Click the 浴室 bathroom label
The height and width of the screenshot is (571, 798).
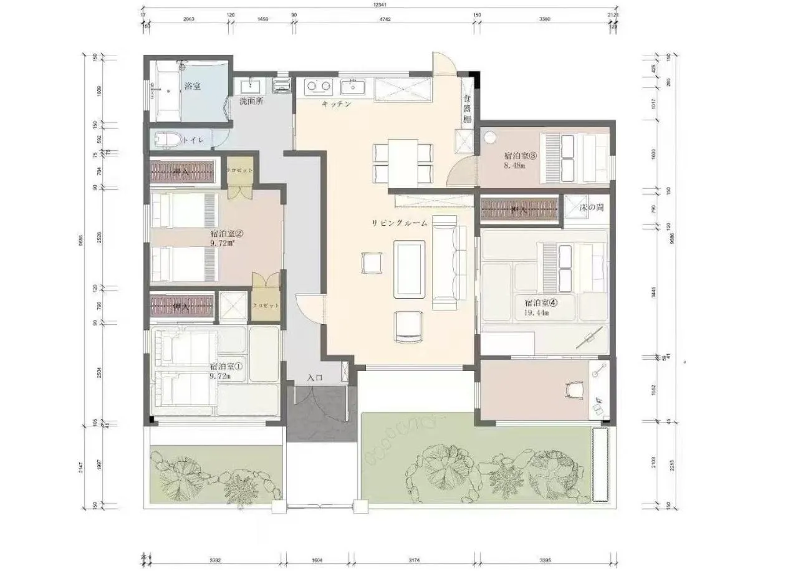(192, 87)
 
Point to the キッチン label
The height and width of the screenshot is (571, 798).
(337, 104)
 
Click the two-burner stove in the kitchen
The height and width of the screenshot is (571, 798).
(319, 85)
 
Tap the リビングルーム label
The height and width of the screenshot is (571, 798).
(400, 223)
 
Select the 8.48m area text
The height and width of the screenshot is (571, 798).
(514, 166)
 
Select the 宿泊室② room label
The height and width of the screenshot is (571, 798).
(226, 234)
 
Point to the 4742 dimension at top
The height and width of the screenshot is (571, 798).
(385, 19)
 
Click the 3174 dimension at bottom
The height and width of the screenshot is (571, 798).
(413, 560)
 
